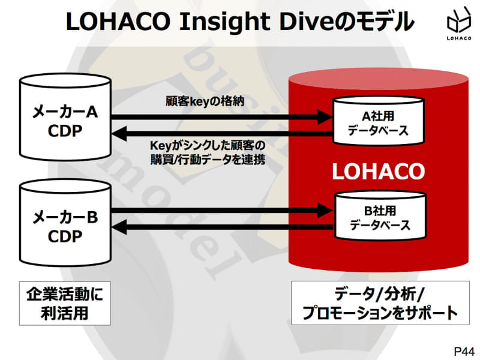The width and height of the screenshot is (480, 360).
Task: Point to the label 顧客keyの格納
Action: tap(205, 101)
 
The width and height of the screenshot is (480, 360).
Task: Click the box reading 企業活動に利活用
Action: tap(65, 304)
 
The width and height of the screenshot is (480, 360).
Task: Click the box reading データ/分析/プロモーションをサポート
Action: tap(379, 304)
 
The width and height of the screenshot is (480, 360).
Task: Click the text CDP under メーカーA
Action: tap(65, 131)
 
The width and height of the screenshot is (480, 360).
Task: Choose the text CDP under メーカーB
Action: tap(65, 236)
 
